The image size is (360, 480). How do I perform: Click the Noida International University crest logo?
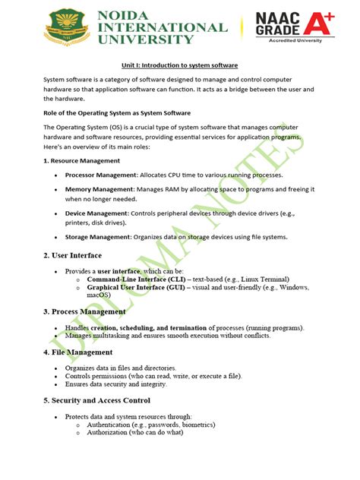[68, 27]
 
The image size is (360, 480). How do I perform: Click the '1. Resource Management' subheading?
[81, 161]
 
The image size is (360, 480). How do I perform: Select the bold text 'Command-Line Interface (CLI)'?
[134, 281]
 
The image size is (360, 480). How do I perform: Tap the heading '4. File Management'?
[78, 352]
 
